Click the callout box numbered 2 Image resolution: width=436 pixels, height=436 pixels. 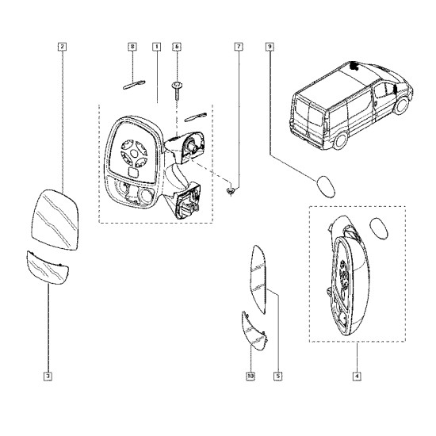click(62, 47)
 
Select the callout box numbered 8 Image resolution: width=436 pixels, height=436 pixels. click(132, 47)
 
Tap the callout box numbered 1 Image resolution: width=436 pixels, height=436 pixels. click(156, 47)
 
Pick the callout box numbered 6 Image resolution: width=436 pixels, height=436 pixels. click(177, 47)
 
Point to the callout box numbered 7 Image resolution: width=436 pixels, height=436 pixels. click(239, 47)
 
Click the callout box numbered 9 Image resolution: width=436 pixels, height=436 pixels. click(270, 47)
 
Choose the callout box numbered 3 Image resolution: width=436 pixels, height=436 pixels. click(48, 377)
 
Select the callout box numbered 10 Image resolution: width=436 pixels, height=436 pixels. click(251, 377)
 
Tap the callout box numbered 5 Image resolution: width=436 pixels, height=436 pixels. click(277, 377)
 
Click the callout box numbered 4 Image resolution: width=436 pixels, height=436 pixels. click(357, 377)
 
